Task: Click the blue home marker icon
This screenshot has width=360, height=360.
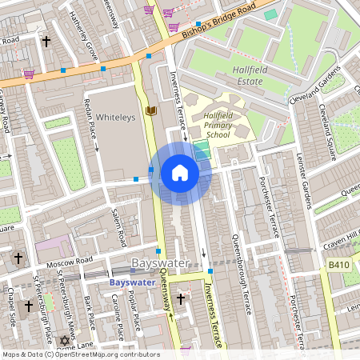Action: pyautogui.click(x=180, y=173)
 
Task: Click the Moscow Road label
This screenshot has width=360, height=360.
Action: pyautogui.click(x=71, y=262)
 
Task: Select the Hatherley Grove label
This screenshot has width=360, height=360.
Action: pyautogui.click(x=83, y=36)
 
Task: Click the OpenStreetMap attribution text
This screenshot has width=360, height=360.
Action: pyautogui.click(x=80, y=354)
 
